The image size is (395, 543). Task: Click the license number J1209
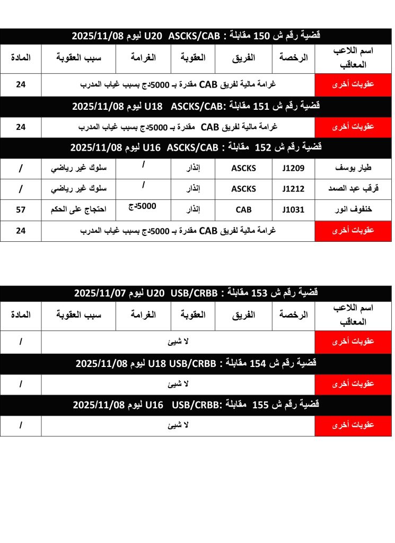[293, 169]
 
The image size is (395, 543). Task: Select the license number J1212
[293, 189]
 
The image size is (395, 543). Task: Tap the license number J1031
[293, 209]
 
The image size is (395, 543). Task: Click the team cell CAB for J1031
[243, 209]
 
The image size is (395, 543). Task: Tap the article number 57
[21, 209]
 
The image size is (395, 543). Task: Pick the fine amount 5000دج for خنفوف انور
[143, 206]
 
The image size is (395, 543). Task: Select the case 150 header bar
[196, 36]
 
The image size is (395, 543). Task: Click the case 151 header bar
[196, 107]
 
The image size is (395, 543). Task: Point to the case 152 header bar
[196, 147]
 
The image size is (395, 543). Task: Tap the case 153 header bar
[196, 293]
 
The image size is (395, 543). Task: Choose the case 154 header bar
[196, 364]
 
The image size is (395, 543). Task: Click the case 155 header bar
[196, 405]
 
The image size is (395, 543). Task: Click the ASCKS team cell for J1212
[243, 189]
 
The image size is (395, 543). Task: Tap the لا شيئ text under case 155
[178, 425]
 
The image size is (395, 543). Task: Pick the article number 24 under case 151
[21, 127]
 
